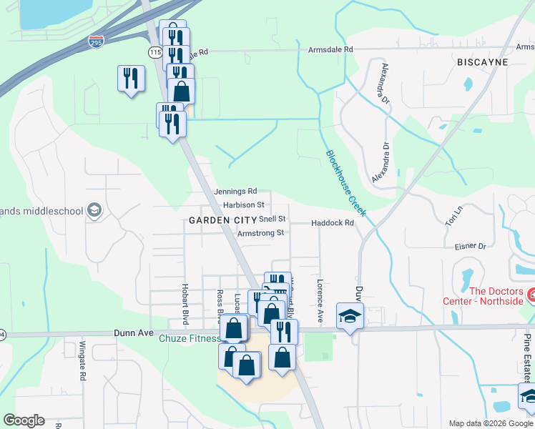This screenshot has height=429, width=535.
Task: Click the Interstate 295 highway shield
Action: [x=96, y=42]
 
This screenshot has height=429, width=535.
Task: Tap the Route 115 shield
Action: [x=155, y=52]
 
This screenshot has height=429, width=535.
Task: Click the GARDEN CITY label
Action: [x=212, y=221]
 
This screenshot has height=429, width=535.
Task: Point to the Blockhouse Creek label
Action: [x=346, y=183]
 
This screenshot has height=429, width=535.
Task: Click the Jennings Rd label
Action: [x=235, y=192]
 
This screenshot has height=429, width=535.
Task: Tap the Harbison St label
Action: [x=243, y=205]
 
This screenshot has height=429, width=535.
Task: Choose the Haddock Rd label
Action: [x=333, y=223]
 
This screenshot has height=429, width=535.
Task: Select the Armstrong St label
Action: [x=260, y=233]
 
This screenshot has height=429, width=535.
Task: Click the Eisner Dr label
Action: [x=470, y=246]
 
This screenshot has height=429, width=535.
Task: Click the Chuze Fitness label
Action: [x=188, y=338]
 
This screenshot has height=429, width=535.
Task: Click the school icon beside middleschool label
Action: [x=94, y=210]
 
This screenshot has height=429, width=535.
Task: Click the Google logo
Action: [x=24, y=420]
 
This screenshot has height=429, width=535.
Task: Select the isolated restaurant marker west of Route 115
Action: [x=131, y=78]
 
